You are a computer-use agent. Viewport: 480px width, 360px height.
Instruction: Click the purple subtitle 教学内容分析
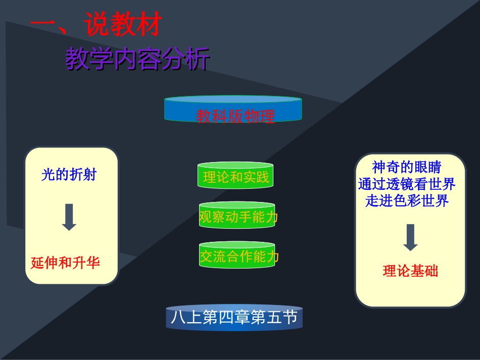[x=137, y=60]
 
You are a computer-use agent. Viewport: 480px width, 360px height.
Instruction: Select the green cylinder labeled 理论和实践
[x=236, y=176]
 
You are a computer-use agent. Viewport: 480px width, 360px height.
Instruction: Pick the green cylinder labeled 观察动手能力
[x=238, y=217]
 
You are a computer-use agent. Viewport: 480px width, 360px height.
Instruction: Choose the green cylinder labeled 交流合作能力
[x=238, y=256]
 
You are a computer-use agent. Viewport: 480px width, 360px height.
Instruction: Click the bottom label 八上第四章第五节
[x=234, y=318]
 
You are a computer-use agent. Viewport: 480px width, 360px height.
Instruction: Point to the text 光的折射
[x=69, y=175]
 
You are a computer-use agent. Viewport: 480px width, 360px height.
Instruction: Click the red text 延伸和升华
[x=65, y=263]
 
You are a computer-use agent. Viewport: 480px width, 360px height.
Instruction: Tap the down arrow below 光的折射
[x=69, y=218]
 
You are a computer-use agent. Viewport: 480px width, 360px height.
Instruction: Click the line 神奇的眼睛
[x=406, y=167]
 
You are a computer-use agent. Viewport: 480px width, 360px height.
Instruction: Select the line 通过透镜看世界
[x=407, y=184]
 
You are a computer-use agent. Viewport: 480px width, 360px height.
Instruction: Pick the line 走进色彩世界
[x=407, y=200]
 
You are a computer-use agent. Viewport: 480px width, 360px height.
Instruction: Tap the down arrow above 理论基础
[x=410, y=237]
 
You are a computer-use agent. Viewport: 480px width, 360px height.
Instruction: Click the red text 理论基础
[x=410, y=271]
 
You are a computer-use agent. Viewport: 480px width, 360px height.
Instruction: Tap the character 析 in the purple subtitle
[x=198, y=60]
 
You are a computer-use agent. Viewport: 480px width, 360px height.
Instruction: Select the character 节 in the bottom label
[x=290, y=318]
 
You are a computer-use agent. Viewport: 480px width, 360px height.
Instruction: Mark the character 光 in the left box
[x=48, y=175]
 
